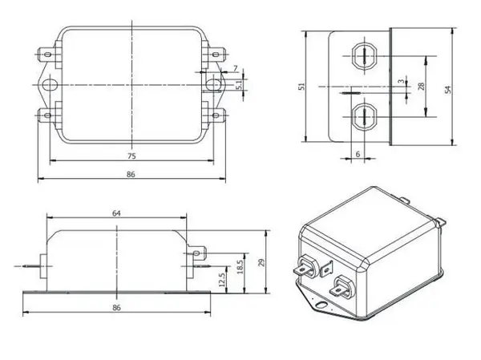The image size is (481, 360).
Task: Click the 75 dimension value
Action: (x=131, y=156)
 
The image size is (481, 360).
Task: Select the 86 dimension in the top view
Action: (x=131, y=174)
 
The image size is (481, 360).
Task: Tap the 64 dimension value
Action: (x=116, y=213)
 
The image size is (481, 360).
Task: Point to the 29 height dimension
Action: (x=261, y=262)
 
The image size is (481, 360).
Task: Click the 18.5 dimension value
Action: (x=240, y=267)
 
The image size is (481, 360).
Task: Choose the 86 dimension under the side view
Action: (x=116, y=307)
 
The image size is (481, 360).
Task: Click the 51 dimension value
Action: (x=302, y=87)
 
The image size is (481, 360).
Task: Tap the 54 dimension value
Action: (x=448, y=90)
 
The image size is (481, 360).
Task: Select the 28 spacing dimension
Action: (x=421, y=87)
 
